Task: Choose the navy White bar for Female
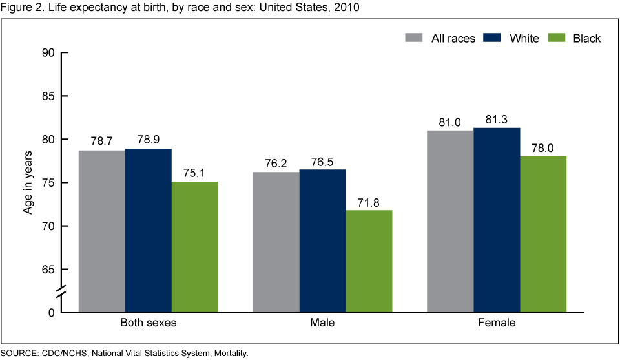(x=497, y=220)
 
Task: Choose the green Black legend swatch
(x=556, y=38)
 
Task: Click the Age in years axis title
(x=27, y=182)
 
